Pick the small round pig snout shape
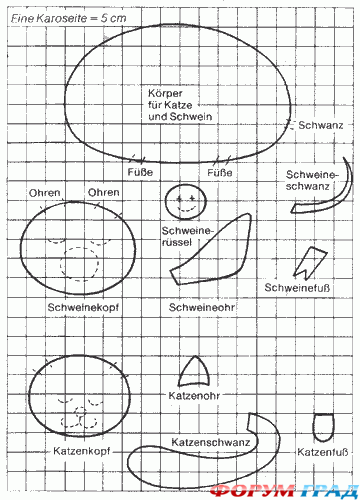[x=183, y=200]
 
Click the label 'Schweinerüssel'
[x=183, y=237]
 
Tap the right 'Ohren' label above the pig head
[x=104, y=192]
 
